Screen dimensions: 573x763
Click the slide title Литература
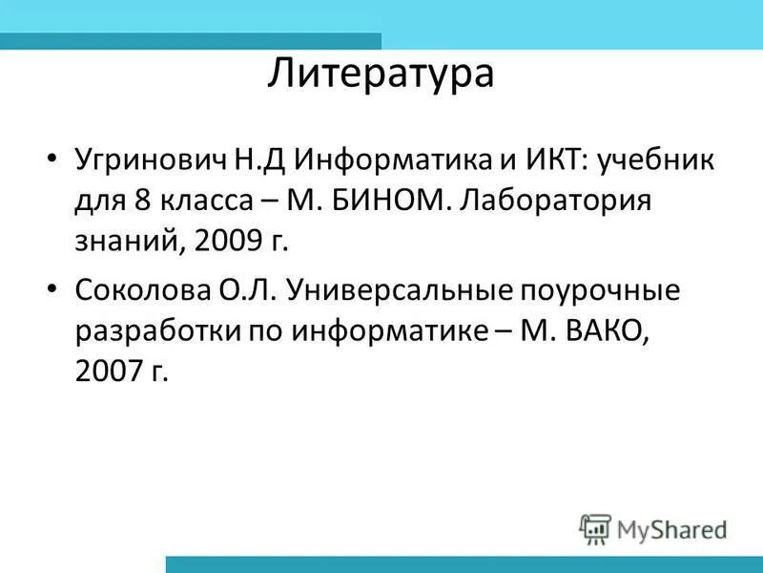[381, 74]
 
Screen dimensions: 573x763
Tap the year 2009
[224, 241]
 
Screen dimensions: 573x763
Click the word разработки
[150, 330]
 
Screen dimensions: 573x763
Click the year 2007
[105, 371]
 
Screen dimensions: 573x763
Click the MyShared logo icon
[594, 528]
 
